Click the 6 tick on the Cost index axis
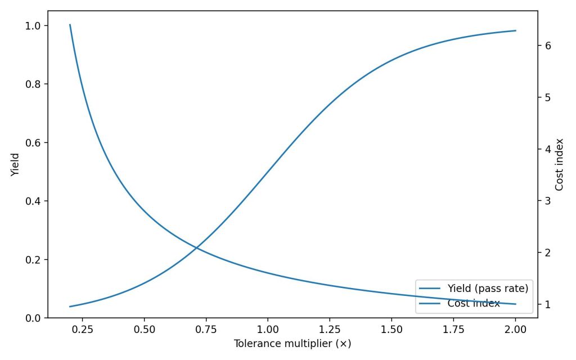click(x=547, y=46)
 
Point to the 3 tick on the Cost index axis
click(x=547, y=201)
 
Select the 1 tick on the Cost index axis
click(x=547, y=304)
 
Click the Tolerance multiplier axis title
click(x=292, y=343)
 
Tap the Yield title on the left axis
click(x=15, y=165)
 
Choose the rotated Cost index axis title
click(x=559, y=165)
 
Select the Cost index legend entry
click(x=474, y=304)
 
